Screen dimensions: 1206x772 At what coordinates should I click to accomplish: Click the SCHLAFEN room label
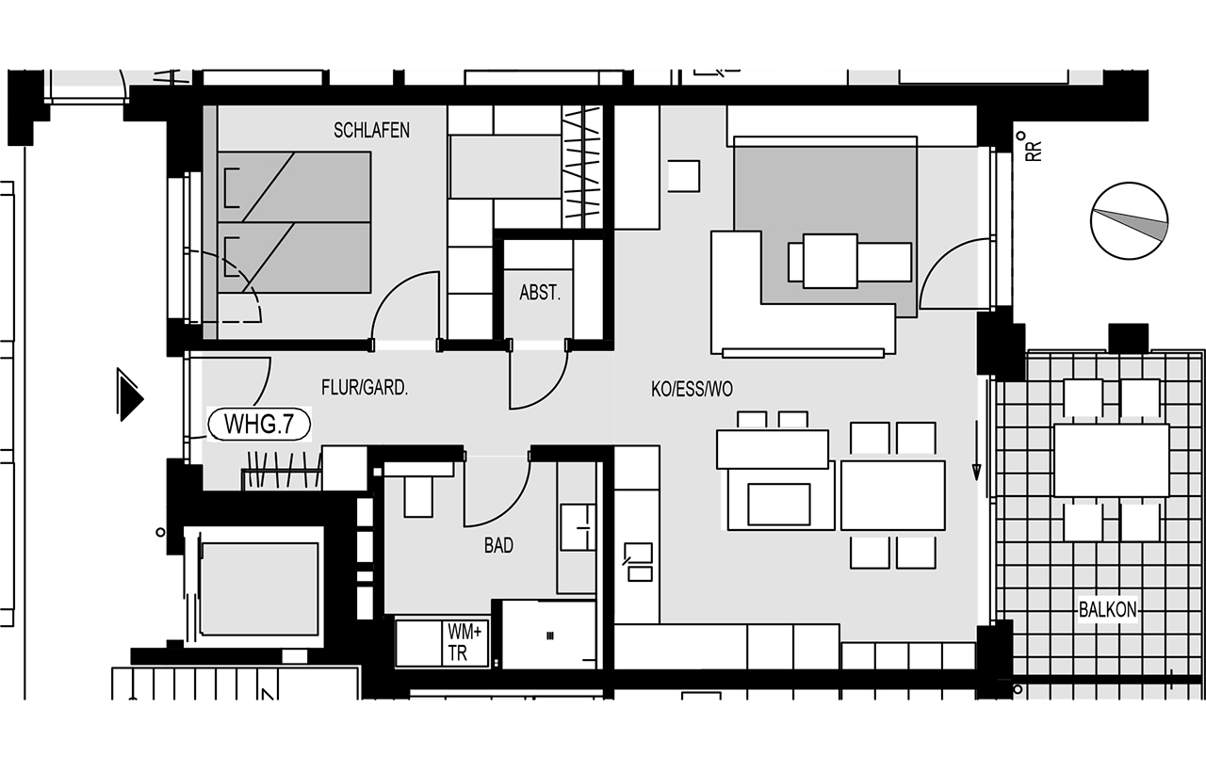[x=371, y=130]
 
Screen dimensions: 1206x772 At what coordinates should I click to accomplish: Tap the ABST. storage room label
[x=540, y=293]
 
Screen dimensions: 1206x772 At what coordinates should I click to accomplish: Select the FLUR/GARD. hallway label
[x=365, y=387]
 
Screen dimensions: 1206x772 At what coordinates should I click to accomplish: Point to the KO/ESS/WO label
[x=692, y=389]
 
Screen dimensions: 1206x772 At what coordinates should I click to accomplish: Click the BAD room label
[x=498, y=545]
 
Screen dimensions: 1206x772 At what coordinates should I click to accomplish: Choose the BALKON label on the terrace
[x=1107, y=610]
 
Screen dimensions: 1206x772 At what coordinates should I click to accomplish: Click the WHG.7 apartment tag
[x=259, y=425]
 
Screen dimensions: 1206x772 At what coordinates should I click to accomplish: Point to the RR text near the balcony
[x=1034, y=150]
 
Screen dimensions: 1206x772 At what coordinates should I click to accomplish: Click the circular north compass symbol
[x=1129, y=221]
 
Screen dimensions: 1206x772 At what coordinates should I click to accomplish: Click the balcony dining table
[x=1111, y=460]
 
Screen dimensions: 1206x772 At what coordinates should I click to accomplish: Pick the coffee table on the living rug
[x=830, y=262]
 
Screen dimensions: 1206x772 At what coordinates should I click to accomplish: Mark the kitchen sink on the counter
[x=639, y=562]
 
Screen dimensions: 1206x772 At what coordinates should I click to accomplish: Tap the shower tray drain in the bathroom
[x=549, y=635]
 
